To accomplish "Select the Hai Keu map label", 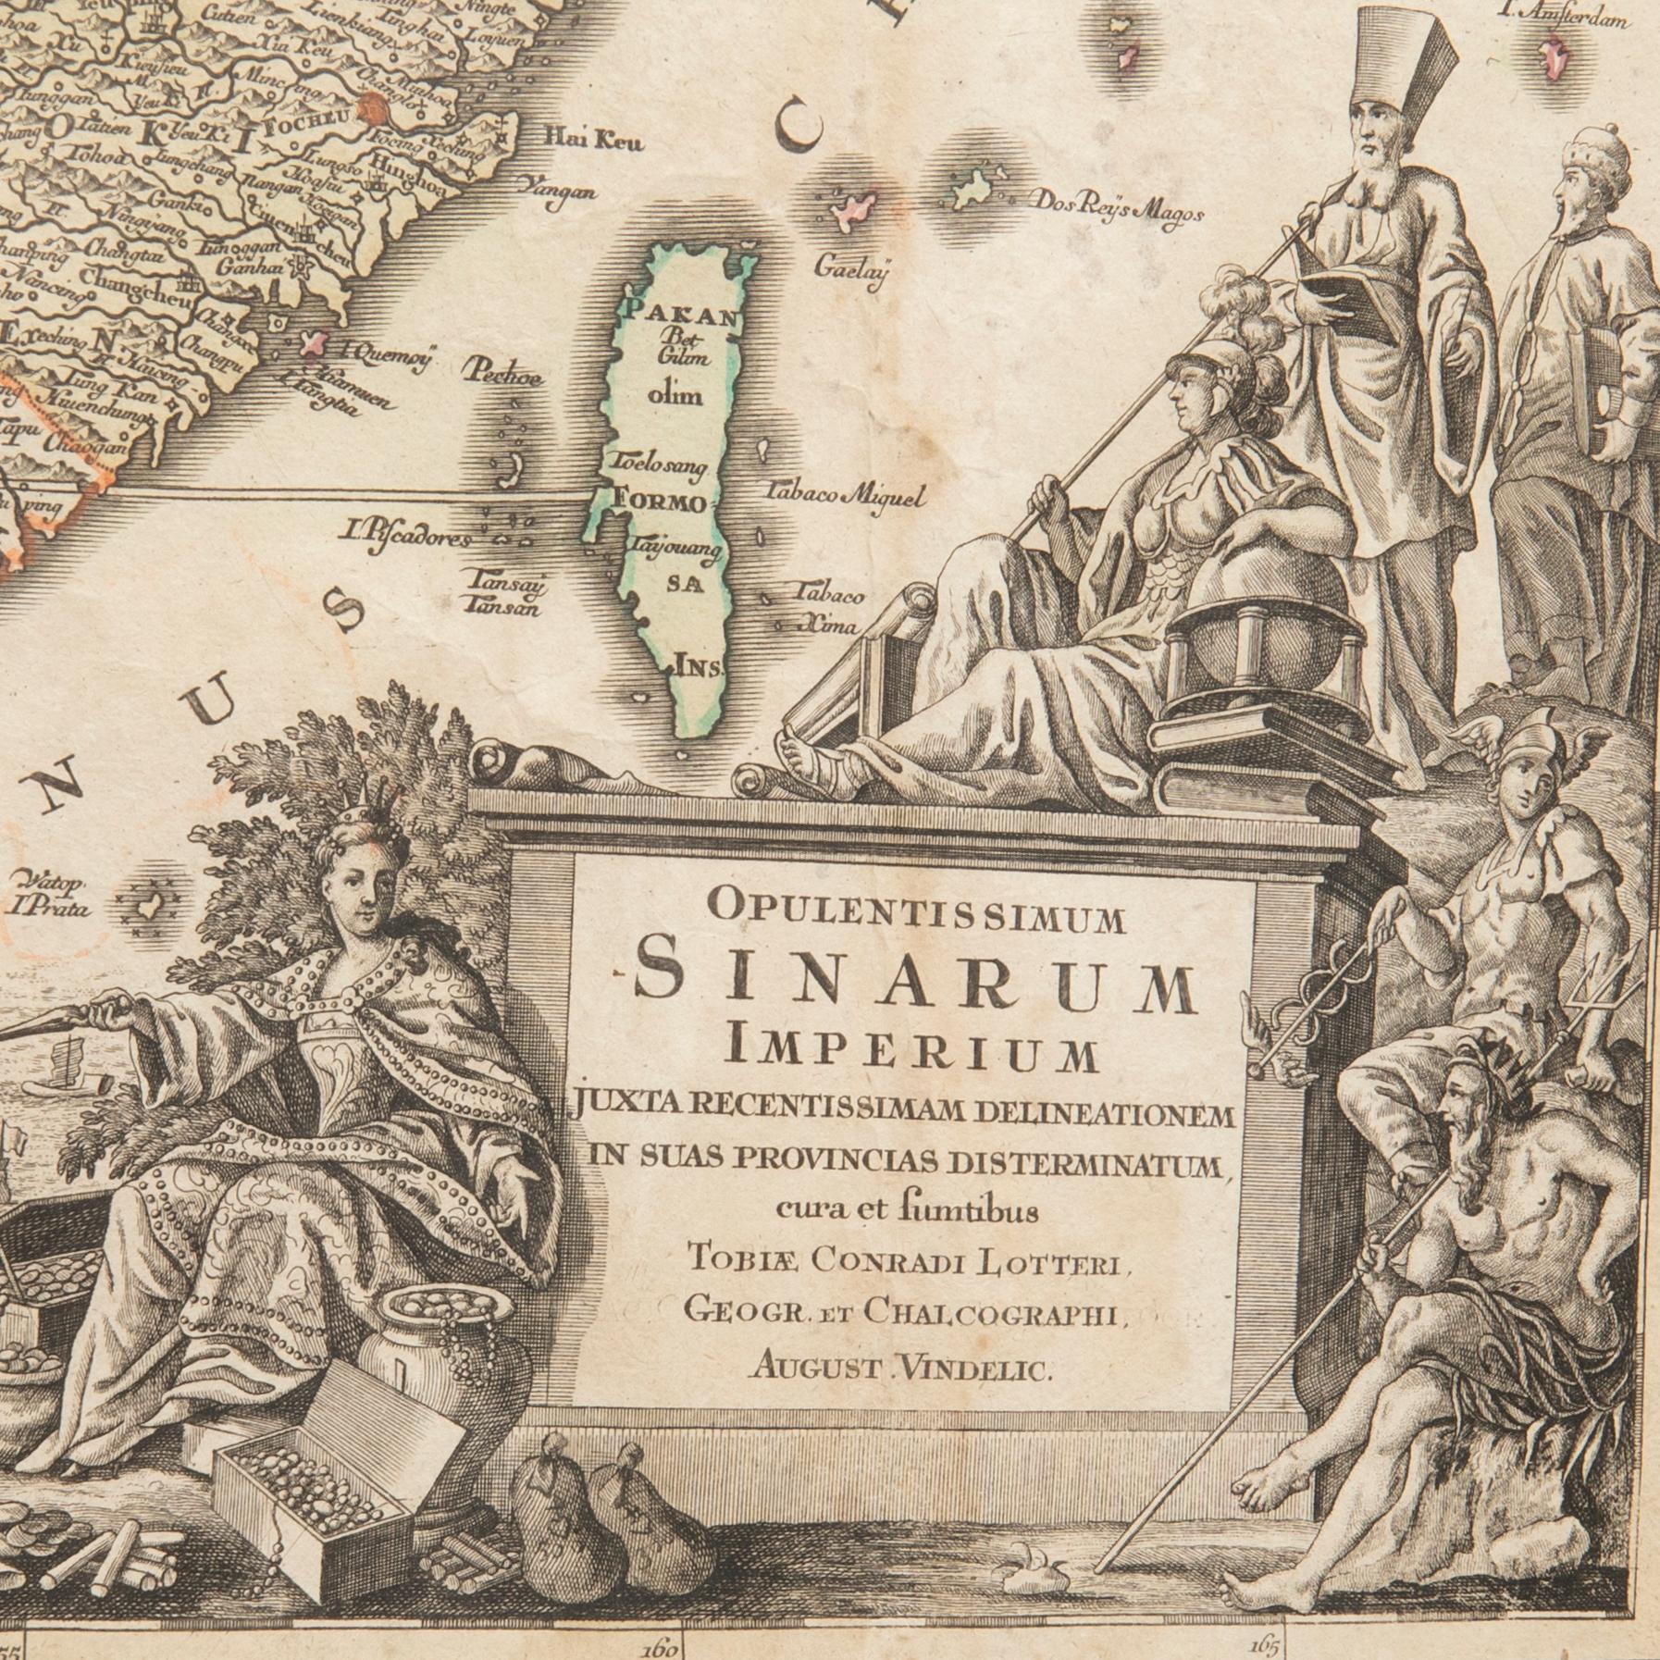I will [593, 142].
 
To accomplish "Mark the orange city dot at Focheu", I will [374, 107].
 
